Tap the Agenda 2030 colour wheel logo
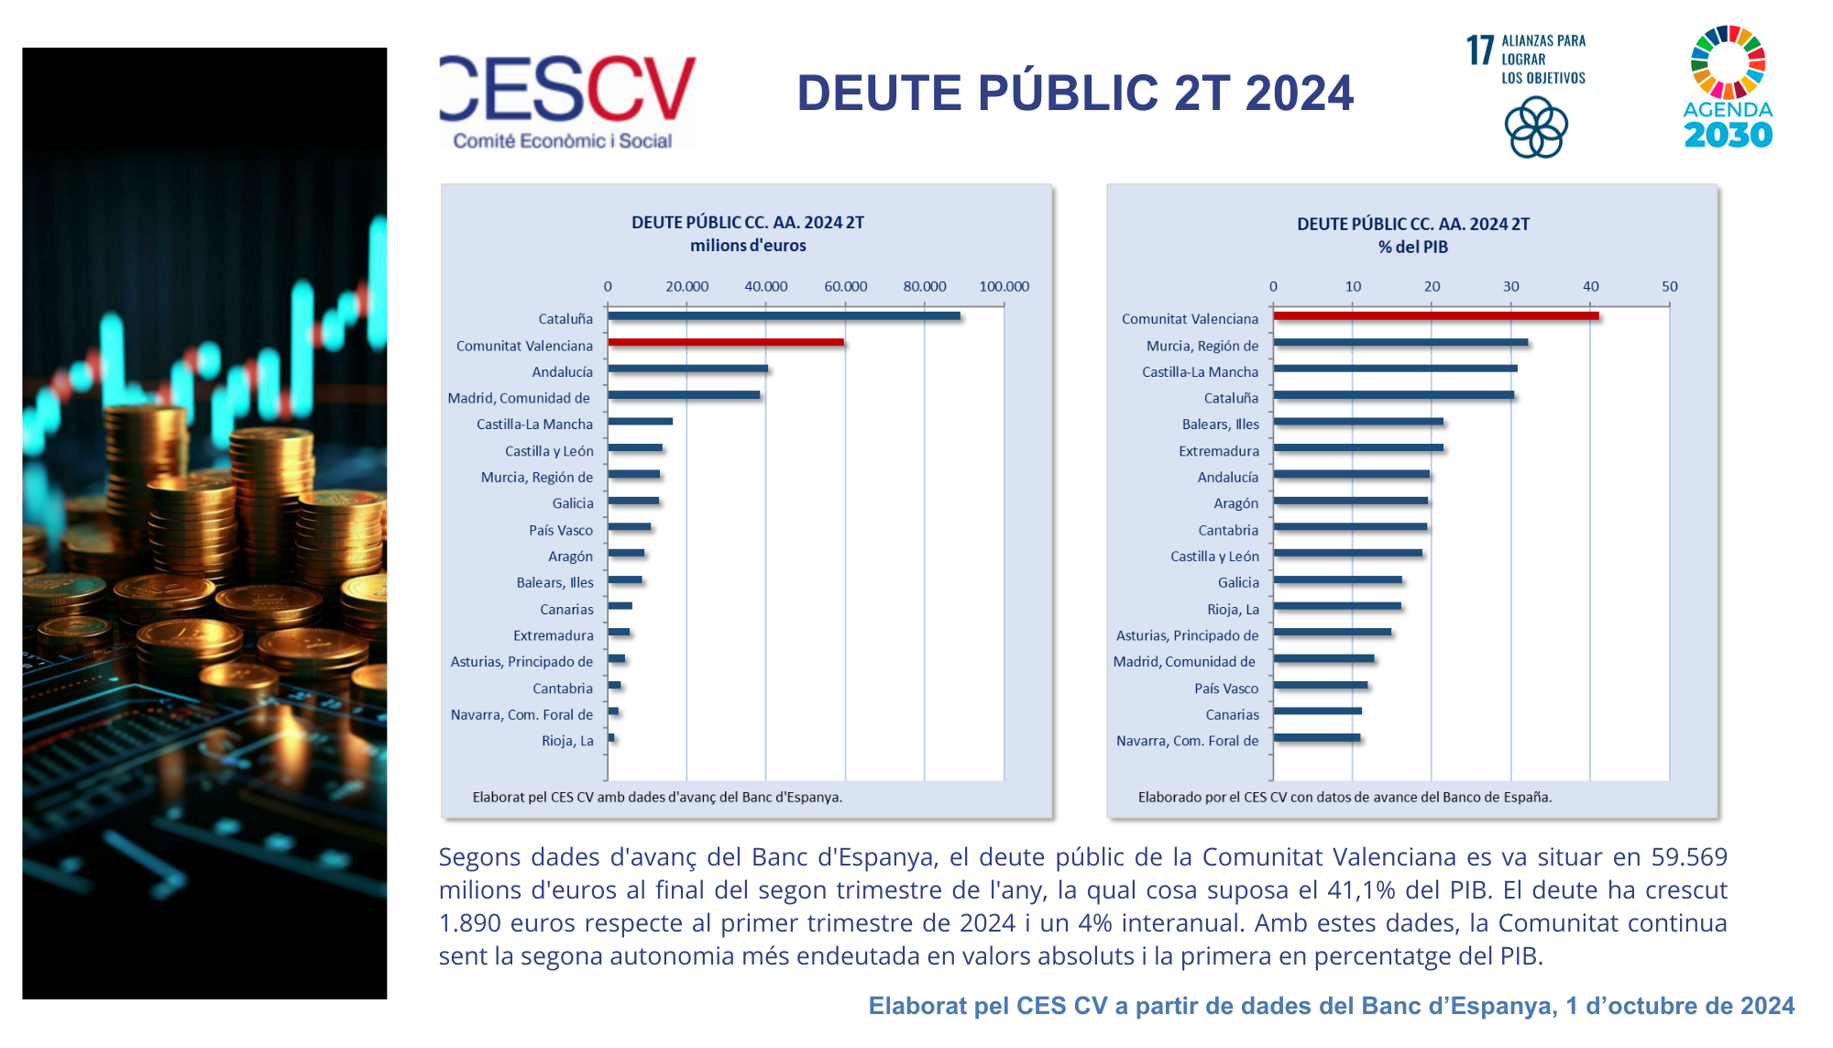[1728, 62]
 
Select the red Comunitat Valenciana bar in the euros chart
[725, 343]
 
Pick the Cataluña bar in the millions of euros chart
[784, 316]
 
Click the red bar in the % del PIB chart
[1435, 316]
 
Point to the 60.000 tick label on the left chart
[845, 286]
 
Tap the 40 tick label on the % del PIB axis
[1590, 286]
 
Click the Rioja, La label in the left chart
[567, 741]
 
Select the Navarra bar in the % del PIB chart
[1317, 738]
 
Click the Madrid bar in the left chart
[684, 396]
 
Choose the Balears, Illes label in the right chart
[1220, 425]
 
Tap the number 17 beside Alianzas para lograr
[1479, 50]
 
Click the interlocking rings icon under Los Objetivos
[1536, 128]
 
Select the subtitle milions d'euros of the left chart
[748, 246]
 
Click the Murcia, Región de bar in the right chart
[1400, 343]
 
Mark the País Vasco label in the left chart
[560, 530]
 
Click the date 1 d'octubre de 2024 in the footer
[1679, 1006]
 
